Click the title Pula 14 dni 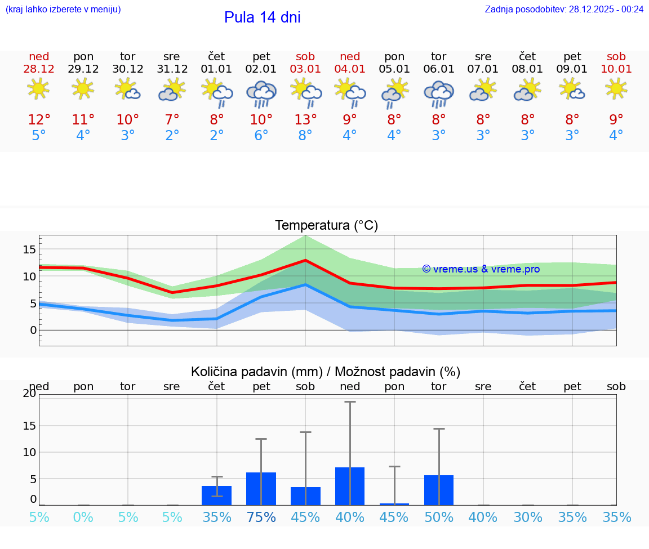[x=262, y=17]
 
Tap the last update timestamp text [x=564, y=9]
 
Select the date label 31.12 [x=172, y=69]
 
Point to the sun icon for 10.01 [x=616, y=88]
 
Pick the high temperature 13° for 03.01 [x=305, y=120]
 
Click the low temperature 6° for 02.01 [x=261, y=136]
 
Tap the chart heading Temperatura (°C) [x=326, y=226]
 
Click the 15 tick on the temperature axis [x=29, y=249]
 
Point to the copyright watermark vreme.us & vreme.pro [x=481, y=269]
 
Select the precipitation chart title [x=325, y=372]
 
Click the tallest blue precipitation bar [x=349, y=486]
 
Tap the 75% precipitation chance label [x=261, y=517]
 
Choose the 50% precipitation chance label [x=438, y=517]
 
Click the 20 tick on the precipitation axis [x=29, y=394]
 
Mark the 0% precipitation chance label [x=83, y=517]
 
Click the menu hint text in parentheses [x=63, y=9]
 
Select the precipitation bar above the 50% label [x=438, y=490]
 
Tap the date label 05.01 [x=394, y=69]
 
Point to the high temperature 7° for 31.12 [x=172, y=120]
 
